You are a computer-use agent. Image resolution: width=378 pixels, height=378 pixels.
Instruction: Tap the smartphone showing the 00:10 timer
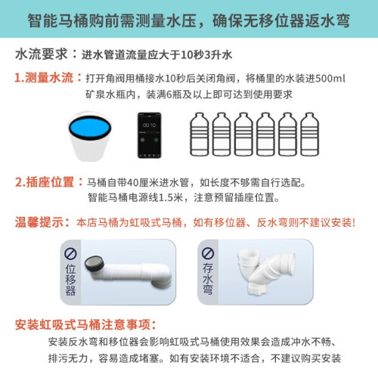coord(149,135)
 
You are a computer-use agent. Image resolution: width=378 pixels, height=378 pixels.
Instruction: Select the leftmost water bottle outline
coord(200,135)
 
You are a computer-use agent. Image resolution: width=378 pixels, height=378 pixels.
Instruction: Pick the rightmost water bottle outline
coord(309,135)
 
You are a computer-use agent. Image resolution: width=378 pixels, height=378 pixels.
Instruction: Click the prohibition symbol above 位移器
coord(70,253)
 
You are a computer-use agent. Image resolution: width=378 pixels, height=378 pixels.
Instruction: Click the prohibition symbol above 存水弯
coord(208,253)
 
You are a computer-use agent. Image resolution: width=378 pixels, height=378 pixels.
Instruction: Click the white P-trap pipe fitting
coord(266,271)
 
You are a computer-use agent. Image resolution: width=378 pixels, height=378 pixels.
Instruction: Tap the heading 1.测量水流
coord(44,78)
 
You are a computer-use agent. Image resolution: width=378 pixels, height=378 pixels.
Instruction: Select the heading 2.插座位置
coord(45,182)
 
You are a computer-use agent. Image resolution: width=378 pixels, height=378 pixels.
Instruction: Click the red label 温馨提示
coord(39,222)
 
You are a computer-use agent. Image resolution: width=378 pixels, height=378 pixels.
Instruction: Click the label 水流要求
coord(42,54)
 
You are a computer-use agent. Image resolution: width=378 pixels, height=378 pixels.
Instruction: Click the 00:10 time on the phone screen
coord(149,125)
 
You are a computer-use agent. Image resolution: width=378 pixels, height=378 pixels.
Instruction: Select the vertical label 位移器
coord(70,280)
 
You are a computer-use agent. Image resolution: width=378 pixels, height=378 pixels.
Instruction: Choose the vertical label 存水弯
coord(208,279)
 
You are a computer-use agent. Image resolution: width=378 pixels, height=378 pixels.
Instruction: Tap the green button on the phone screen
coord(156,140)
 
